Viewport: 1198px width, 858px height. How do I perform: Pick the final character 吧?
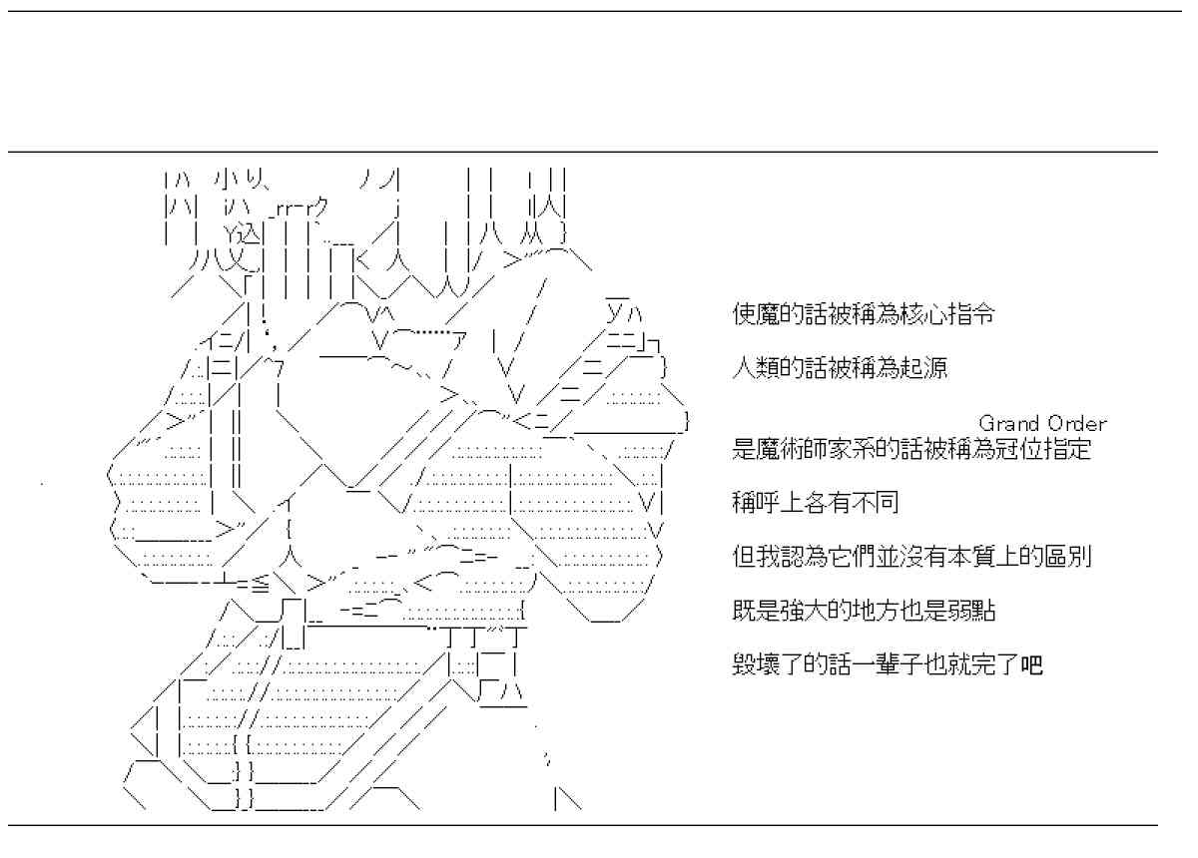pos(1032,664)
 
